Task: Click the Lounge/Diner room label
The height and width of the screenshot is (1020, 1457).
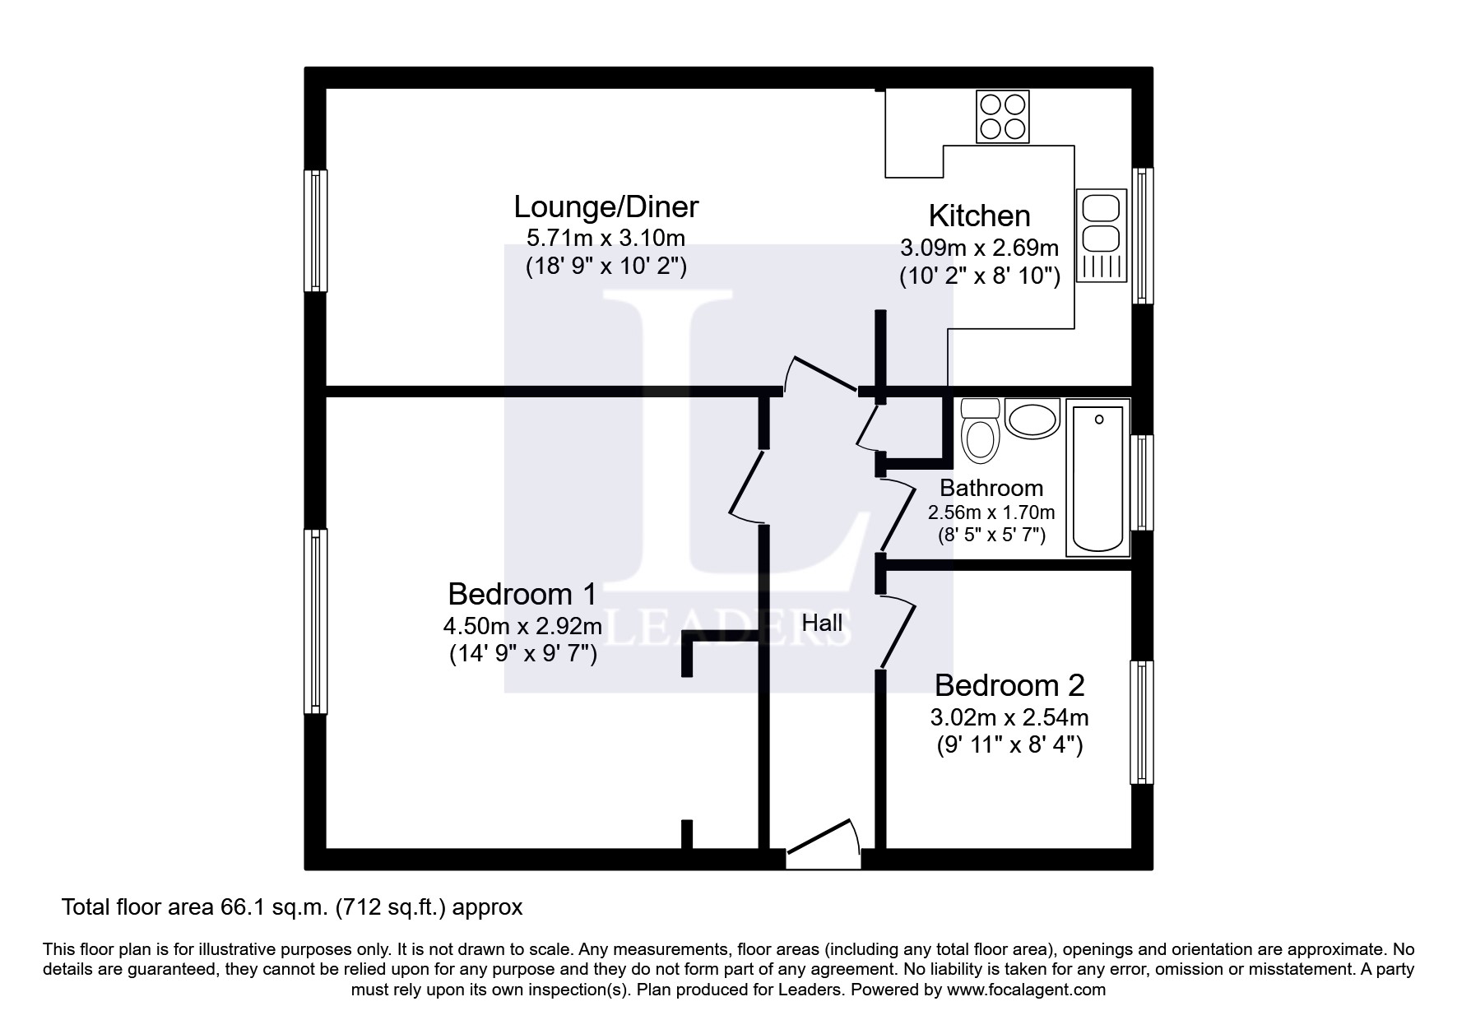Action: point(606,206)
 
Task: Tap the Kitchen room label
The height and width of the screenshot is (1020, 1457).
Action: point(979,216)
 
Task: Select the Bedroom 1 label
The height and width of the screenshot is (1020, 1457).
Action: point(522,593)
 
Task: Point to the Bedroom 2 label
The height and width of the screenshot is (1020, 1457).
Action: point(1009,684)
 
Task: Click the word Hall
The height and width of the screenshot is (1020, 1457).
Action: point(822,623)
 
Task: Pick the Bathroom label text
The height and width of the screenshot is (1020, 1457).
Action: point(991,488)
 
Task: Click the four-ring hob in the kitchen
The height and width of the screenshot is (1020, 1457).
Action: point(1003,116)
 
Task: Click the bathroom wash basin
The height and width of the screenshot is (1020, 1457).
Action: point(1032,420)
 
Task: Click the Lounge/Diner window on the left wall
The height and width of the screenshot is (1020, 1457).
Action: point(315,230)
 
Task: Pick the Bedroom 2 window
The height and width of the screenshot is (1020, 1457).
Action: point(1142,721)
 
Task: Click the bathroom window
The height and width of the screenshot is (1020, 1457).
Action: point(1142,482)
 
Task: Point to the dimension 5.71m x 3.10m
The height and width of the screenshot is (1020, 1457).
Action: point(606,239)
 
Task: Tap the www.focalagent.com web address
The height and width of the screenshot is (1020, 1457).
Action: point(1026,990)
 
